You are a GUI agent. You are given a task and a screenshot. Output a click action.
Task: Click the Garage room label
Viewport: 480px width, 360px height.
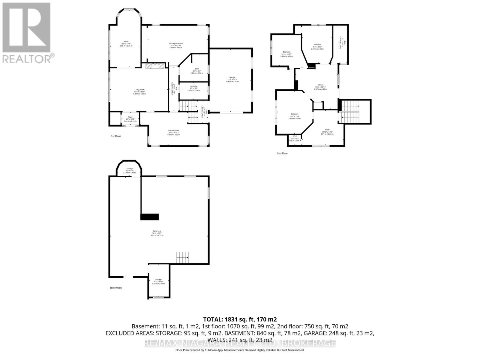click(x=232, y=77)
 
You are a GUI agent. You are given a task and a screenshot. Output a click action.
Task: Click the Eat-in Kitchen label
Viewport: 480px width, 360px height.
click(x=174, y=130)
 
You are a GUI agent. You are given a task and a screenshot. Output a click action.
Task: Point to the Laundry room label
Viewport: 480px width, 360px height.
click(x=193, y=86)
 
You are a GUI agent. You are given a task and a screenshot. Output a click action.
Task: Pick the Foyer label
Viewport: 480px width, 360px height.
click(x=130, y=117)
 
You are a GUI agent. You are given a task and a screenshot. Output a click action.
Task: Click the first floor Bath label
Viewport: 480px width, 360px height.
click(x=197, y=69)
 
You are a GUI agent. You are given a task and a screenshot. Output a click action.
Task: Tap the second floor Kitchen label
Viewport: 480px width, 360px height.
click(x=321, y=85)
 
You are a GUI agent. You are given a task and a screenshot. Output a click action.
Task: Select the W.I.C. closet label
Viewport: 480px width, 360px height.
click(x=295, y=136)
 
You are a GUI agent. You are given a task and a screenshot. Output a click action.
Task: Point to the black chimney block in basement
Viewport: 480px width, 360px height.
click(x=149, y=217)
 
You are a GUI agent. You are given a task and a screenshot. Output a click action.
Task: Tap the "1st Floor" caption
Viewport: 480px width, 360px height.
click(x=116, y=136)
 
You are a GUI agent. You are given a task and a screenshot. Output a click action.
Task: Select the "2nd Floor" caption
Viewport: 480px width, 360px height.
click(x=282, y=153)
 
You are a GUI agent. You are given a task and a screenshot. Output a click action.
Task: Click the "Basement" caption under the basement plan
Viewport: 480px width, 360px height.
click(x=116, y=288)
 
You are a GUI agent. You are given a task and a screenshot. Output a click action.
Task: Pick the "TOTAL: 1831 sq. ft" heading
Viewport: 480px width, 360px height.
click(x=240, y=319)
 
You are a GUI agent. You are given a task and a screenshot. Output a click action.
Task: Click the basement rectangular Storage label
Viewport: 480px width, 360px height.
click(x=158, y=280)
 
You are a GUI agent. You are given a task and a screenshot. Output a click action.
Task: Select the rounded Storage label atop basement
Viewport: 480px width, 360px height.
click(x=129, y=169)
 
